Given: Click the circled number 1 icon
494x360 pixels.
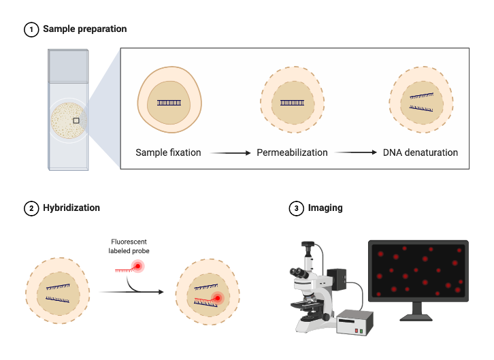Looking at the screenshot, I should (x=31, y=29).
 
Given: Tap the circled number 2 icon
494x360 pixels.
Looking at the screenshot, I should (x=31, y=208).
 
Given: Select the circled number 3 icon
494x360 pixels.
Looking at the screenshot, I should (x=296, y=208).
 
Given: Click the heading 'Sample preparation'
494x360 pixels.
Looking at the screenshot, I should (x=84, y=29).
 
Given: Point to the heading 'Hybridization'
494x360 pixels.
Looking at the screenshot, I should (x=71, y=208).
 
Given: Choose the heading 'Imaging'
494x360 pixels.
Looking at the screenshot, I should (x=325, y=208).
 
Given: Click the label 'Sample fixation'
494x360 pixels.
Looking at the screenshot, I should (x=168, y=152).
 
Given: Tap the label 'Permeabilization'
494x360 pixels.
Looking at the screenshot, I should (x=292, y=152).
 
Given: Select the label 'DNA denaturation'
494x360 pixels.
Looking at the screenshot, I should (x=420, y=152).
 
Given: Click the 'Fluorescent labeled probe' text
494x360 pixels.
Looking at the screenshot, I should (x=130, y=246).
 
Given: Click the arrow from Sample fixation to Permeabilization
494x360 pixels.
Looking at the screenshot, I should (x=228, y=153).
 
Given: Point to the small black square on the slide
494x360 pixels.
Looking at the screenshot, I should (x=76, y=120).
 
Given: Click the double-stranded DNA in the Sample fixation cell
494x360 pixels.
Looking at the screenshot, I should (x=169, y=103).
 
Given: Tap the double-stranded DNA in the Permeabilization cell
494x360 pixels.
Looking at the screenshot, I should (x=293, y=103).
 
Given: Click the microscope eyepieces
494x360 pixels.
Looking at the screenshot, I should (x=298, y=272).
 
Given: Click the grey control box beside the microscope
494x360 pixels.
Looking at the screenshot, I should (x=356, y=322).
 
